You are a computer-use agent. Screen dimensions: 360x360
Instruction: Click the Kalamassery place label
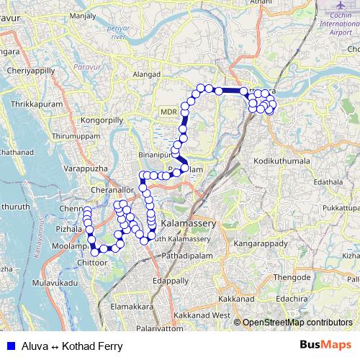pyautogui.click(x=188, y=215)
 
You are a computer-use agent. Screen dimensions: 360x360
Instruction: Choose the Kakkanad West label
pyautogui.click(x=202, y=315)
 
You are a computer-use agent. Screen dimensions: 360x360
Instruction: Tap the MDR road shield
pyautogui.click(x=168, y=112)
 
